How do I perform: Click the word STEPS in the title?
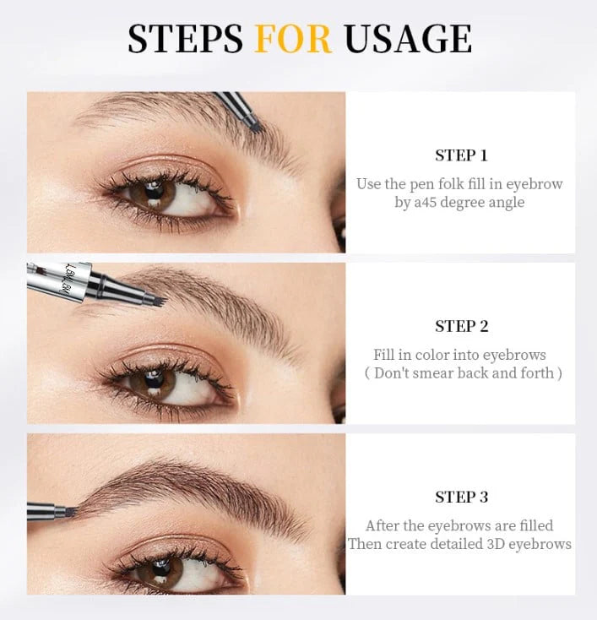(185, 39)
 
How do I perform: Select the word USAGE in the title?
(408, 39)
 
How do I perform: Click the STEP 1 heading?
(461, 155)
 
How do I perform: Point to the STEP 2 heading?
(461, 326)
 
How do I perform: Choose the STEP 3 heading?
(461, 497)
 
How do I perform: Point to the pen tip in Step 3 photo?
(69, 512)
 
